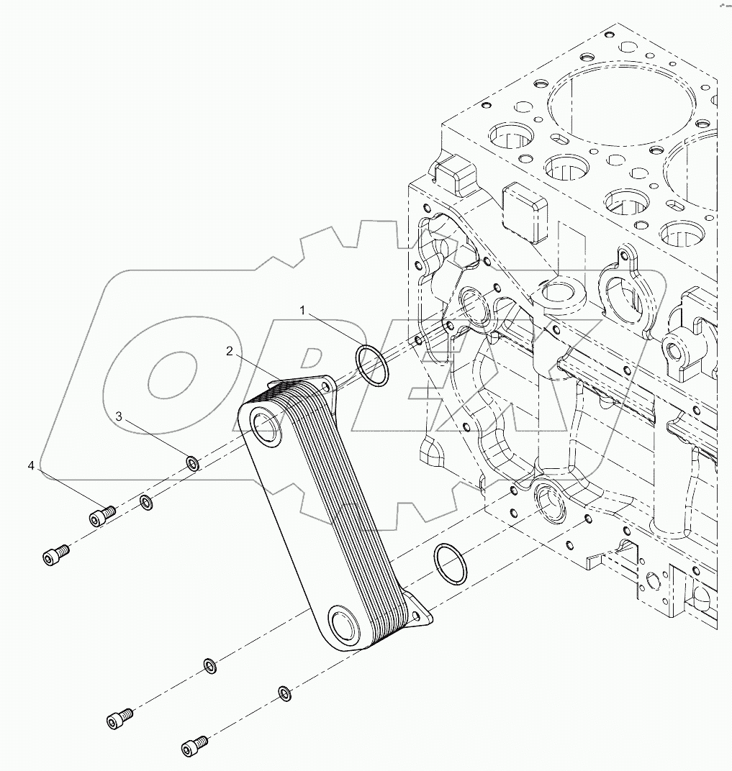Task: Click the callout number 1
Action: (303, 311)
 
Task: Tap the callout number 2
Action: (229, 351)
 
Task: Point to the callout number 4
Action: (31, 467)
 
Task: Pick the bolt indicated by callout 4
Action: (101, 514)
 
